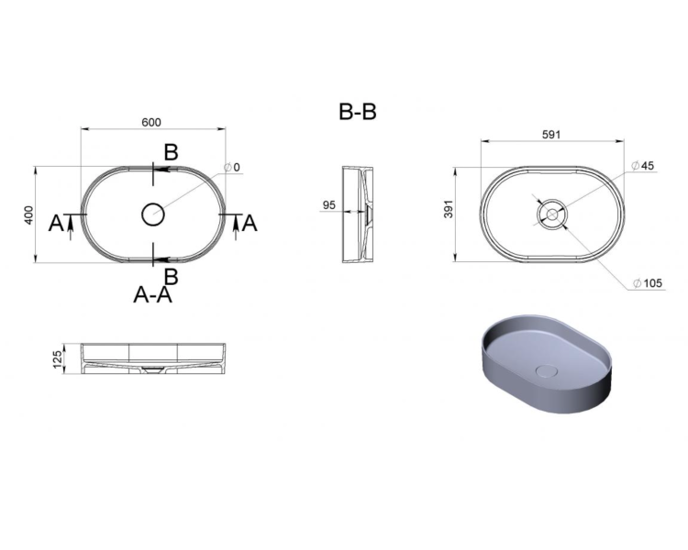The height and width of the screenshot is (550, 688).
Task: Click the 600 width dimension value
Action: (151, 122)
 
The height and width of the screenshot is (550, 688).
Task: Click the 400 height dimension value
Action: (28, 214)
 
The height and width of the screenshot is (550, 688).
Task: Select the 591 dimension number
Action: (551, 135)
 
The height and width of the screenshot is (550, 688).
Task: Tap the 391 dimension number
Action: (449, 209)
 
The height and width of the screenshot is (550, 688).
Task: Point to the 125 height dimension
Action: (58, 359)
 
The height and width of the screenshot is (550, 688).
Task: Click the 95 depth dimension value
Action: (329, 204)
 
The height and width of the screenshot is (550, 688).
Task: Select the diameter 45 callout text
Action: (643, 166)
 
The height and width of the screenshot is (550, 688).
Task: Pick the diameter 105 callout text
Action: (648, 283)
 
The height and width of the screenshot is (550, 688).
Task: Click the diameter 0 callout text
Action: (232, 167)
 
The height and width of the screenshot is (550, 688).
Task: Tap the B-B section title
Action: (358, 112)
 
